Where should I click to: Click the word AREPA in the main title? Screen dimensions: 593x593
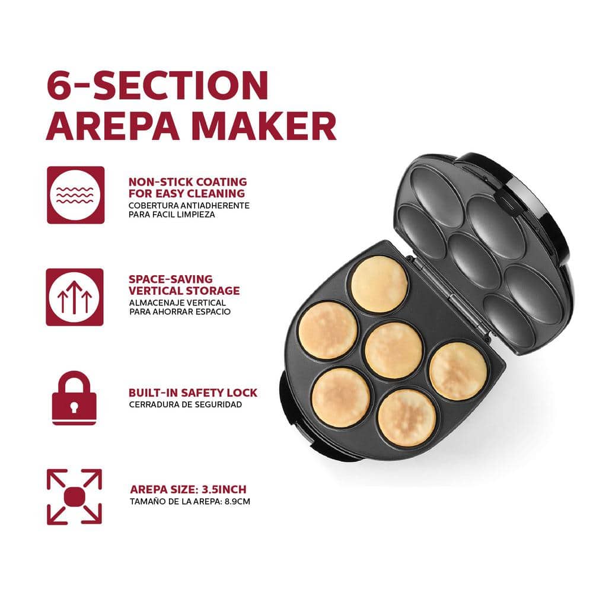tap(113, 126)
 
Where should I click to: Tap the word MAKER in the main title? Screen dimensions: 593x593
tap(264, 126)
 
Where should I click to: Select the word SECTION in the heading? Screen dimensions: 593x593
tap(181, 85)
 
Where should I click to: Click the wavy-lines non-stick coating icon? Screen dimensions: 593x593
tap(76, 195)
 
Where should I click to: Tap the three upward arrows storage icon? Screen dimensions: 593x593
tap(75, 297)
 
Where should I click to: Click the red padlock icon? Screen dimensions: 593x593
tap(74, 398)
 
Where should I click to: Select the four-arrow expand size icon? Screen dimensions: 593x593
tap(75, 496)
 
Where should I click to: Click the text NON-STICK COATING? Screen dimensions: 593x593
tap(187, 182)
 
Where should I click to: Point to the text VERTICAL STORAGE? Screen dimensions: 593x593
tap(184, 291)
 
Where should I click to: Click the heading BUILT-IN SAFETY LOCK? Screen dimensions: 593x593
tap(193, 393)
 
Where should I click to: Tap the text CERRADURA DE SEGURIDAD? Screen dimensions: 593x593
tap(185, 404)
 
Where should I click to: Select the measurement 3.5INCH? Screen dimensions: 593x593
tap(224, 489)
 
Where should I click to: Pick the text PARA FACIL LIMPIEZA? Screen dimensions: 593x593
tap(172, 215)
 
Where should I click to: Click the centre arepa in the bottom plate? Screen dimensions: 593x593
tap(394, 350)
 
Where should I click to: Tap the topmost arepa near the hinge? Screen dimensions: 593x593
tap(380, 285)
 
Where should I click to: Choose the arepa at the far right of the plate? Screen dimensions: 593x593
tap(458, 371)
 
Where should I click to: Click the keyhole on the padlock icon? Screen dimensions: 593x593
tap(74, 407)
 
